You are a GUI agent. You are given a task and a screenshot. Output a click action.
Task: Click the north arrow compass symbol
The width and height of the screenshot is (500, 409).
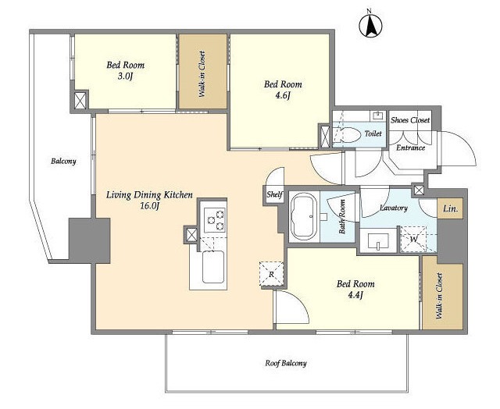click(x=370, y=26)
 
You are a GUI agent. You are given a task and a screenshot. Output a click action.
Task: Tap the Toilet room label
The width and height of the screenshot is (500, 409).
click(x=373, y=133)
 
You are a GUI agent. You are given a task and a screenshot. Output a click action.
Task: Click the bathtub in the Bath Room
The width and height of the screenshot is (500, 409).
click(x=304, y=216)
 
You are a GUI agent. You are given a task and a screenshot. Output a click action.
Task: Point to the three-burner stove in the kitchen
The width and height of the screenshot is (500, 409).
click(x=214, y=219)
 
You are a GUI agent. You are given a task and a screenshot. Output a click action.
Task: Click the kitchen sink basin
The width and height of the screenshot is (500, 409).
click(x=213, y=267)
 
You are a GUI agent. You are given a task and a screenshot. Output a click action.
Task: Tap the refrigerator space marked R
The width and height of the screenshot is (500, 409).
click(x=271, y=274)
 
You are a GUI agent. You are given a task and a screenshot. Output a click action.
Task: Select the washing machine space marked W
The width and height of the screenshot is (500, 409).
click(x=413, y=239)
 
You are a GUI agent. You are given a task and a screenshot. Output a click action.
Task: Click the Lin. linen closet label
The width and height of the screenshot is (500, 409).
click(x=450, y=209)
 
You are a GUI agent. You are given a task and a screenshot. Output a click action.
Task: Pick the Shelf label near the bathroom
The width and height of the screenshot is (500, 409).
click(x=274, y=194)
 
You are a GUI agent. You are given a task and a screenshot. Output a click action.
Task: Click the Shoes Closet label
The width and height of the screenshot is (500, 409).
click(x=410, y=120)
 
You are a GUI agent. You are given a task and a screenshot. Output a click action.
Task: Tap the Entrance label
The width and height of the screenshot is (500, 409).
click(x=410, y=148)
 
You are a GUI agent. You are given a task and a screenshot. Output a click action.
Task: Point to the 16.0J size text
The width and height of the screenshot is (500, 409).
click(x=149, y=206)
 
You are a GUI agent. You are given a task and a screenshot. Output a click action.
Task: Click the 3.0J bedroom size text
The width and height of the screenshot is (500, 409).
click(x=125, y=76)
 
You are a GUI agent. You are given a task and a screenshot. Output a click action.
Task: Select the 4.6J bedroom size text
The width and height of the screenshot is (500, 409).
click(x=283, y=95)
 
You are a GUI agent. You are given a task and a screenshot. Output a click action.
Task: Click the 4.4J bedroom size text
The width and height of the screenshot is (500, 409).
click(x=355, y=295)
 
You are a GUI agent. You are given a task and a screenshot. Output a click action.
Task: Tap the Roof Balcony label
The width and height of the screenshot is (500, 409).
click(x=286, y=363)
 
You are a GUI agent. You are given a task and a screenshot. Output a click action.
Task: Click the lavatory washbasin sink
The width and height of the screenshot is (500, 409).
click(x=378, y=241)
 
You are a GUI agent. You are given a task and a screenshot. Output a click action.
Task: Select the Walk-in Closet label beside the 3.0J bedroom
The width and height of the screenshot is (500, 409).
click(x=202, y=74)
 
